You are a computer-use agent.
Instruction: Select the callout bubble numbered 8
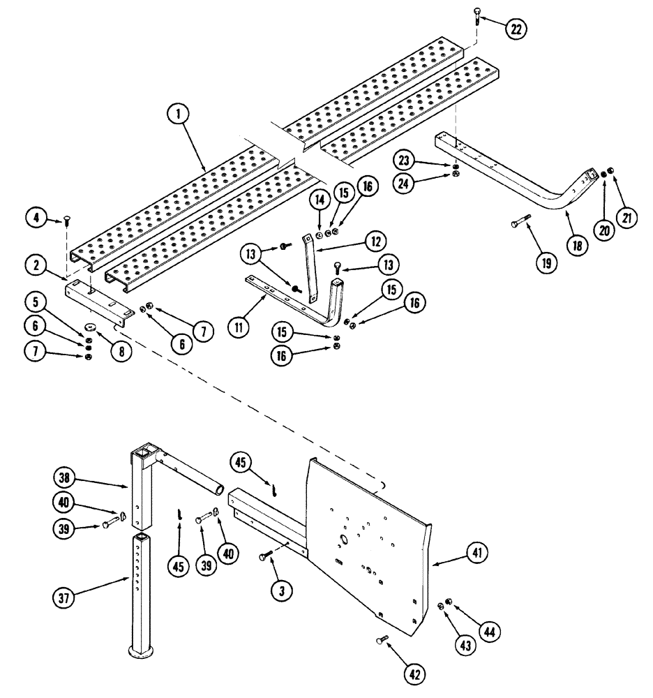[121, 334]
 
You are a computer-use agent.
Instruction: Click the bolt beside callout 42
[382, 639]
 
